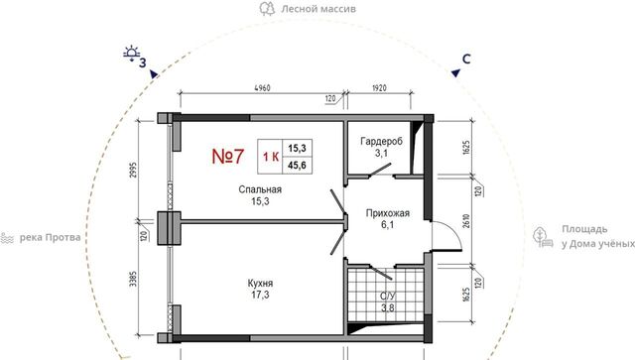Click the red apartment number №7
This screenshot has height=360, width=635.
coord(228,157)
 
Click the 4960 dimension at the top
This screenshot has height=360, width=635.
coord(262,88)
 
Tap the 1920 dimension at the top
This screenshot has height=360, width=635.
coord(379,88)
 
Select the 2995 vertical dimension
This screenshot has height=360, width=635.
coord(134,172)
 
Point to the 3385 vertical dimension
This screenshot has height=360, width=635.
coord(133,280)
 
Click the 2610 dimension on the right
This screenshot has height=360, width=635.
coord(466,221)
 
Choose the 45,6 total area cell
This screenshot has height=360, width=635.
coord(297,166)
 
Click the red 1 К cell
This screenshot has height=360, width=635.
coord(271,157)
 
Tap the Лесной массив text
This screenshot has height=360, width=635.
coord(318,9)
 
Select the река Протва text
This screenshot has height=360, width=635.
coord(51,237)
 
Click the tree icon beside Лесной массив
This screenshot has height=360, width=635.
coord(267,9)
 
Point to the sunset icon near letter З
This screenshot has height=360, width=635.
coord(132,54)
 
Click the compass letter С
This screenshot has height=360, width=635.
coord(466,60)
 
